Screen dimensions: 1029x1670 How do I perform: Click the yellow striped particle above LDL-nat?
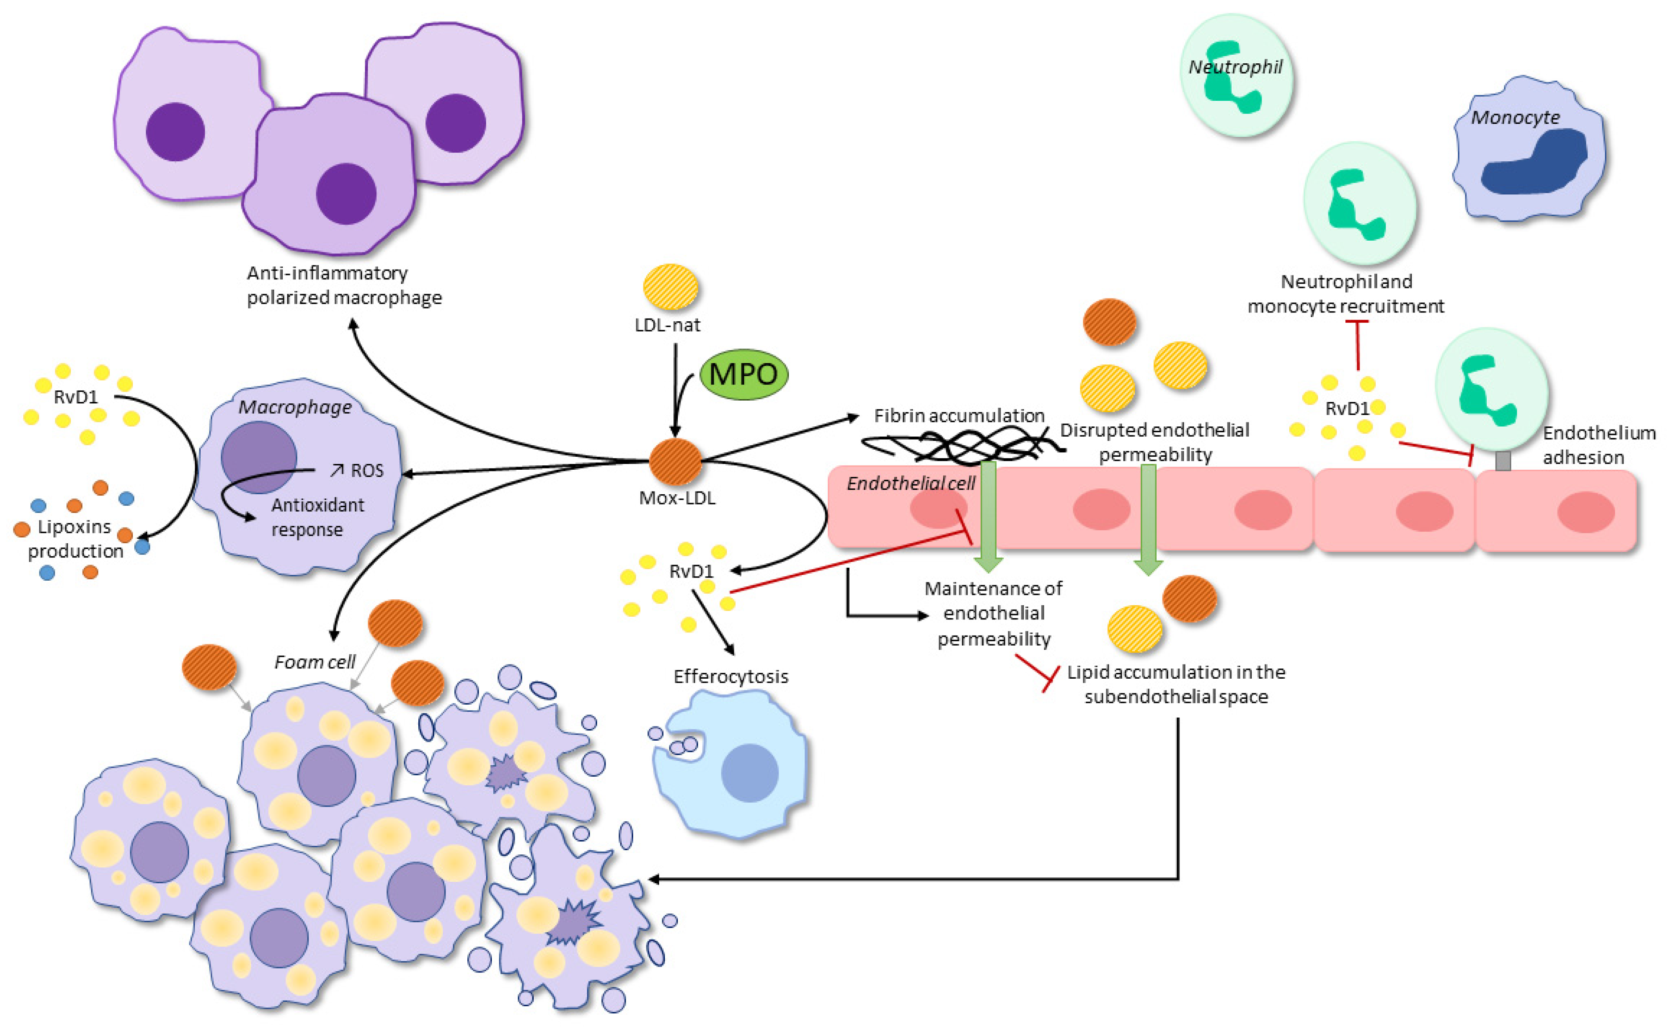coord(671,287)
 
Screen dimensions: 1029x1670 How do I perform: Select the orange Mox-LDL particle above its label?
coord(675,461)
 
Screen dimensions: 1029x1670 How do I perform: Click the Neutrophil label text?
coord(1235,67)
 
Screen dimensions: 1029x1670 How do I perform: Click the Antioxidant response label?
coord(317,517)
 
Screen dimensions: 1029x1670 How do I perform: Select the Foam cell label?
coord(314,661)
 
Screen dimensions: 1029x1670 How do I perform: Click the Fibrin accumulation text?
coord(959,415)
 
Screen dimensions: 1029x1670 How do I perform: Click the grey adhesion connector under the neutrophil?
coord(1502,461)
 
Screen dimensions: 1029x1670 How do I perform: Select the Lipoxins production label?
coord(75,538)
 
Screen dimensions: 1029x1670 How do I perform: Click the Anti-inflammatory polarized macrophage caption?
coord(344,285)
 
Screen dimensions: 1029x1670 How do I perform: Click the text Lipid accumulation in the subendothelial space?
coord(1176,684)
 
